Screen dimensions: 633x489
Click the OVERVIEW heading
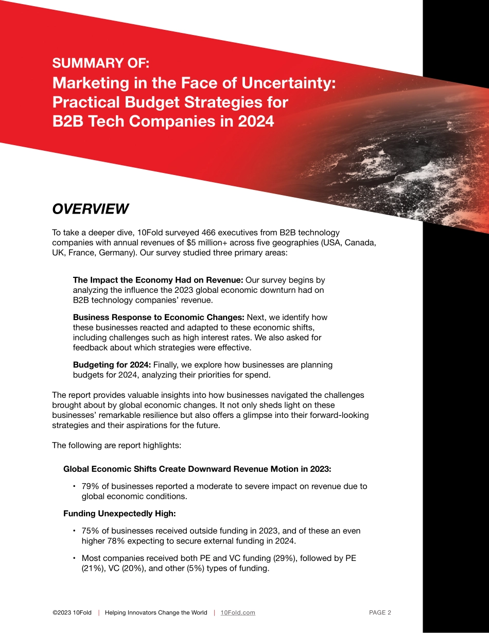(90, 209)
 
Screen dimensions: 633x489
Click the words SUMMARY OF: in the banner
(100, 63)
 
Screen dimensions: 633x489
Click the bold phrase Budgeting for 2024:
(112, 364)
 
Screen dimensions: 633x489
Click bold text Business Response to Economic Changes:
(159, 317)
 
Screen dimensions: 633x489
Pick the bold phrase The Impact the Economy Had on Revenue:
(158, 280)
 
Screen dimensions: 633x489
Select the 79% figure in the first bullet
(91, 486)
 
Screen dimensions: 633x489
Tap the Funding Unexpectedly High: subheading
(119, 513)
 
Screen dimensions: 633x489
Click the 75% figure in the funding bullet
(91, 531)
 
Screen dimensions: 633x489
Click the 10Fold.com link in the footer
(237, 612)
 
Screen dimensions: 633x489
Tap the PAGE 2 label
(380, 612)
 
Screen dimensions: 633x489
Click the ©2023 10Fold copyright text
(72, 612)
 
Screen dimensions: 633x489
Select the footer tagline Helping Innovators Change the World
(156, 612)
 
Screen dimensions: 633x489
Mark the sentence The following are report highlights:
(116, 445)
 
